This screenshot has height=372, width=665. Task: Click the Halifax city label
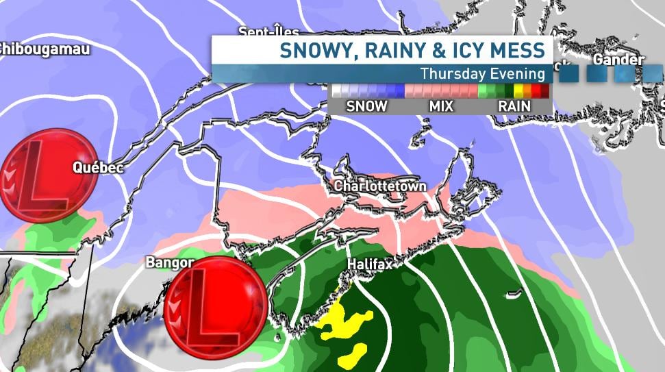click(370, 264)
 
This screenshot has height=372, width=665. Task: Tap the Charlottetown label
click(380, 186)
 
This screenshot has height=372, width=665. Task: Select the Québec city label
click(98, 168)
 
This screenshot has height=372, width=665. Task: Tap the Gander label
click(618, 60)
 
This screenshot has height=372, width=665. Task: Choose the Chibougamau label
click(44, 49)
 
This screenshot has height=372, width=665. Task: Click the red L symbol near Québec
click(47, 175)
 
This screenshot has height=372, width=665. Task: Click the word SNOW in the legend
click(366, 106)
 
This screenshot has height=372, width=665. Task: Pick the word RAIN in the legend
click(515, 106)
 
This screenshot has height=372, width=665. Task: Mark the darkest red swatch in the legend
click(544, 90)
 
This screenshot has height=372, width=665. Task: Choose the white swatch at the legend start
click(336, 90)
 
